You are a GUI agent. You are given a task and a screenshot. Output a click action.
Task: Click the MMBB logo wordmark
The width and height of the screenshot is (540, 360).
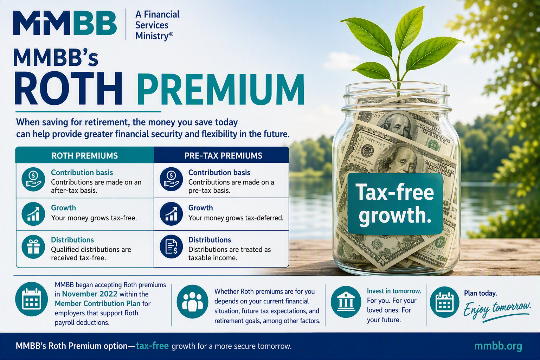click(x=65, y=23)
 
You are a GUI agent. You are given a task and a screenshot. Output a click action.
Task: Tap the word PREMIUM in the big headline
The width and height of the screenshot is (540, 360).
click(x=221, y=89)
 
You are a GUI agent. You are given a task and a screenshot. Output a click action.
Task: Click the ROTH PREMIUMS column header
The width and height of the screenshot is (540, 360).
click(x=85, y=155)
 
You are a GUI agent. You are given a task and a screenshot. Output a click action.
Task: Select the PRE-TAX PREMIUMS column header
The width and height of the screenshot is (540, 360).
click(x=223, y=155)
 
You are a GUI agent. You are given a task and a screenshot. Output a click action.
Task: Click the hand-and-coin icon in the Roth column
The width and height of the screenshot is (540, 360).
click(x=33, y=179)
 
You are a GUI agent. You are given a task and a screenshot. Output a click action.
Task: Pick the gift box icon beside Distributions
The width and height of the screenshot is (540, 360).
click(x=33, y=247)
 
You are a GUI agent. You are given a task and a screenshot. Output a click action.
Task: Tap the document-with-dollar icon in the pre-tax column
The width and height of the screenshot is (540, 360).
click(x=171, y=247)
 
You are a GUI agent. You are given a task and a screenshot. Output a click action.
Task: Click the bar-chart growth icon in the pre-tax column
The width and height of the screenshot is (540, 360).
click(x=171, y=214)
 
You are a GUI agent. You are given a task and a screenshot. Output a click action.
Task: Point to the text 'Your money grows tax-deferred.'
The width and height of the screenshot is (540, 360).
click(x=236, y=218)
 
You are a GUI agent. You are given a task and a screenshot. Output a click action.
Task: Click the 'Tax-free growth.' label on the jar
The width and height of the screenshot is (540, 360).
click(x=395, y=204)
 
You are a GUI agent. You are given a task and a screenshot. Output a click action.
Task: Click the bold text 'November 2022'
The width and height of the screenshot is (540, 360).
click(x=90, y=294)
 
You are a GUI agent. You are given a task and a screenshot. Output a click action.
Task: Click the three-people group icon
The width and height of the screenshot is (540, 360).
click(x=192, y=302)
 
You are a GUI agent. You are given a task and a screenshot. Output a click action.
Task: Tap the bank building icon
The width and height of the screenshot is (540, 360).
click(x=346, y=302)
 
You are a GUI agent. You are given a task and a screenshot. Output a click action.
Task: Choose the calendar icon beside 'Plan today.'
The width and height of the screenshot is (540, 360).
click(x=445, y=302)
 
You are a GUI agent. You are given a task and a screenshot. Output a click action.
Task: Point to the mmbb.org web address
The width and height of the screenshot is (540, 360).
click(x=498, y=346)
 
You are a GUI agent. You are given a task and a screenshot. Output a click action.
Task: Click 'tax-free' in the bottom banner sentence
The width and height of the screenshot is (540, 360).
click(x=152, y=346)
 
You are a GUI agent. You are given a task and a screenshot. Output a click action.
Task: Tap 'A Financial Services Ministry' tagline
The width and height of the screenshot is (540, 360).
click(x=157, y=25)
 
